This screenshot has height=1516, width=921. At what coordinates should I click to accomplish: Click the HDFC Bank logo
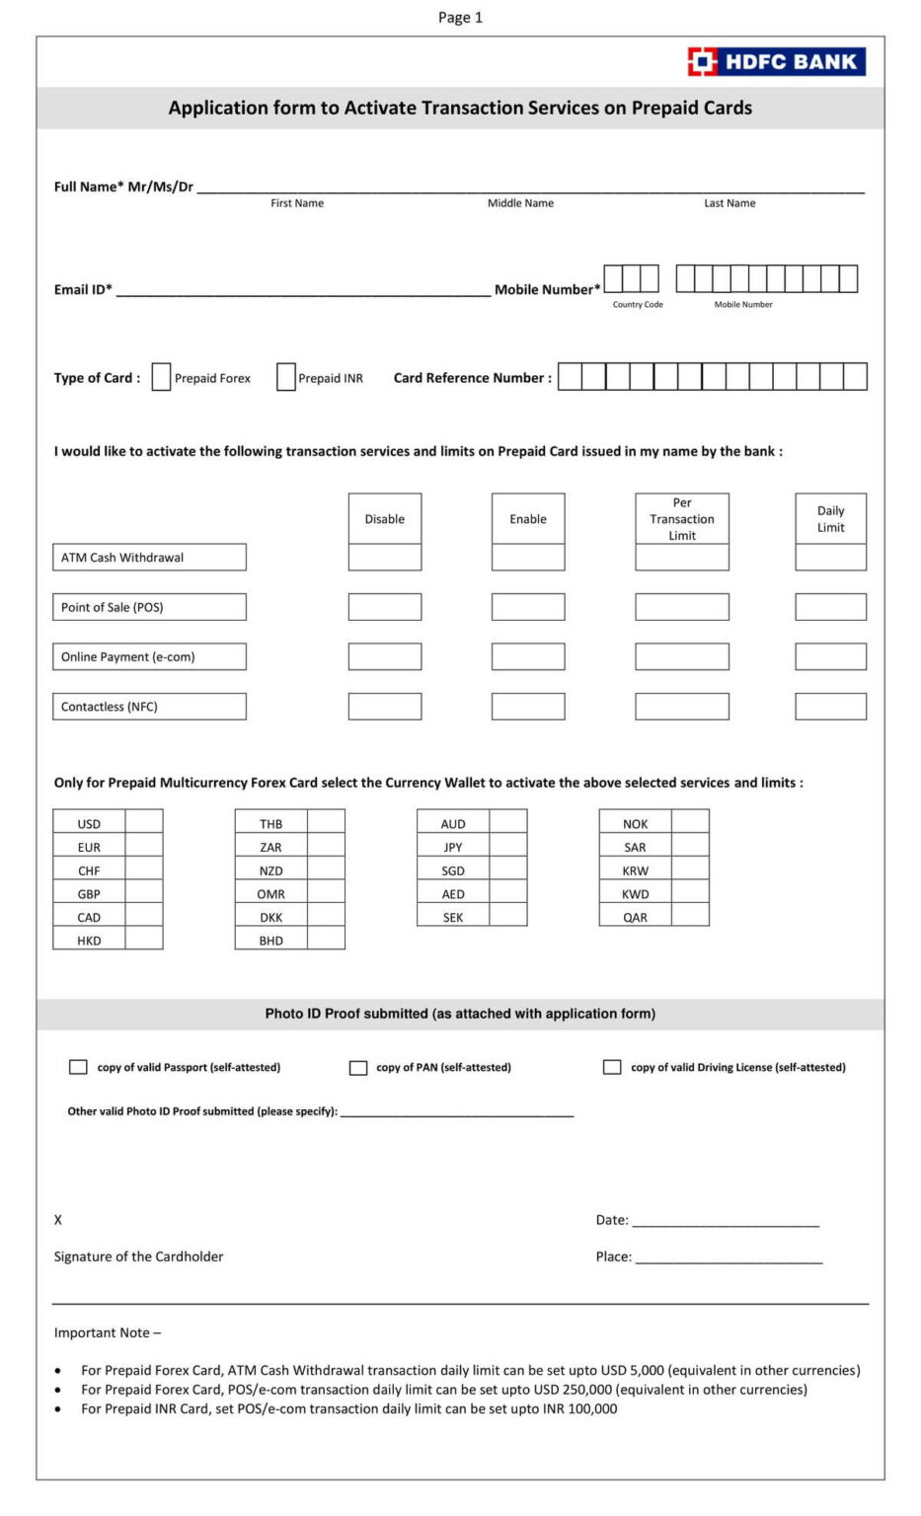tap(776, 61)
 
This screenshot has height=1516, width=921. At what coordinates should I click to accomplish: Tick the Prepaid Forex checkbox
tap(161, 377)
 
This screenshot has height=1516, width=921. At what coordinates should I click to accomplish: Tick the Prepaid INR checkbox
tap(285, 377)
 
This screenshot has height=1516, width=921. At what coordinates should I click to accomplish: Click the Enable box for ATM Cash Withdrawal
tap(528, 558)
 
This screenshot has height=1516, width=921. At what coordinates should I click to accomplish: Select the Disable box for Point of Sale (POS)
tap(384, 607)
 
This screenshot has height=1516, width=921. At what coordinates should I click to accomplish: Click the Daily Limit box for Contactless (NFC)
tap(830, 707)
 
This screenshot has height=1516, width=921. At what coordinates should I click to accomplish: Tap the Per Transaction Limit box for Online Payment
tap(681, 657)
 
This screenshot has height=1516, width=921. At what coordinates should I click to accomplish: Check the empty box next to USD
tap(144, 823)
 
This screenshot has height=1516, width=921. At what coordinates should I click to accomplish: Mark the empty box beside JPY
tap(508, 847)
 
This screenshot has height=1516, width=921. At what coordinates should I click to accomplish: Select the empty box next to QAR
tap(690, 917)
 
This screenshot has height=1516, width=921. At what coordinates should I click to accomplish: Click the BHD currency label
tap(270, 941)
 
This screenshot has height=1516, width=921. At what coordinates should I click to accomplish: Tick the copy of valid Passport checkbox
tap(78, 1067)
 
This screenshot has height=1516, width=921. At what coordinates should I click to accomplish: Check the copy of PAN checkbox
tap(358, 1067)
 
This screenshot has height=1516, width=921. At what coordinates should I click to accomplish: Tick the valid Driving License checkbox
tap(612, 1067)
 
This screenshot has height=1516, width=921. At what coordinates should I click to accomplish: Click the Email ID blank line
tap(303, 290)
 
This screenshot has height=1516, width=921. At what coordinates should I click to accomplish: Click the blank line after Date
tap(726, 1221)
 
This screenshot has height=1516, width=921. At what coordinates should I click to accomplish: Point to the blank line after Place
tap(729, 1257)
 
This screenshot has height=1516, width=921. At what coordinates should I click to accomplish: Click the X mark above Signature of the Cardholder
tap(58, 1220)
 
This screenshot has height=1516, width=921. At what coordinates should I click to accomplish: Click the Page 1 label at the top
tap(460, 17)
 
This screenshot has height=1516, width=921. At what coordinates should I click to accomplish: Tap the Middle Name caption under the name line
tap(520, 203)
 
